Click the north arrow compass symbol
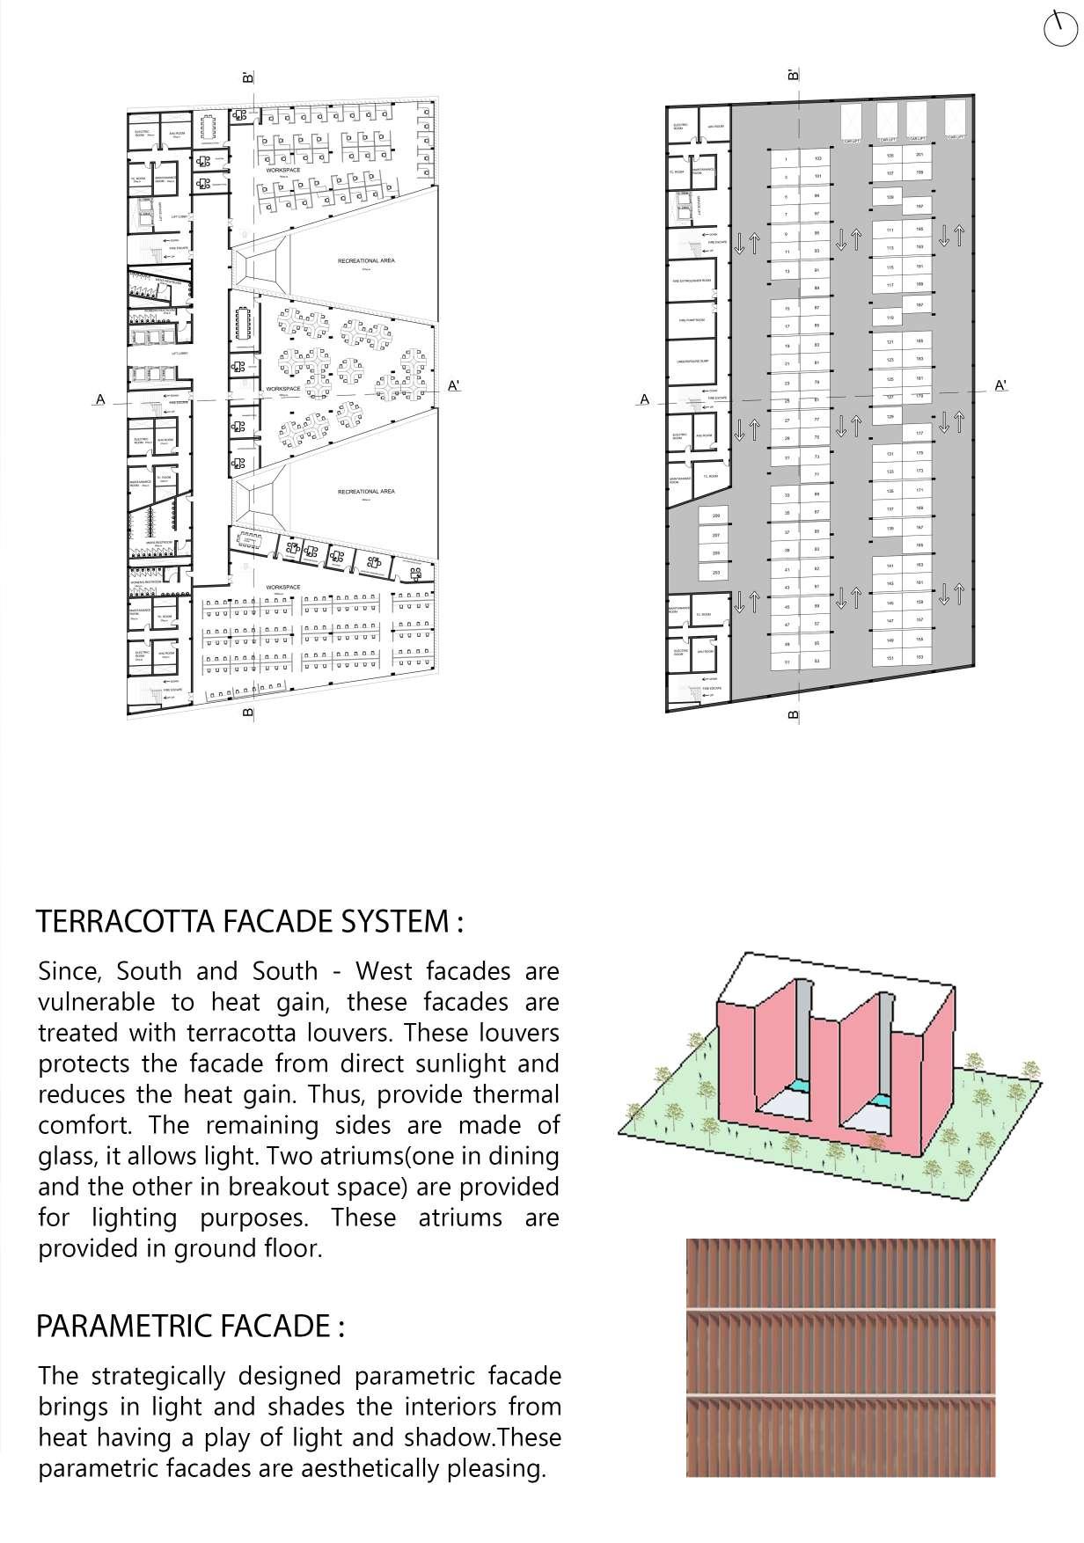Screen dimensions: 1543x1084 pyautogui.click(x=1059, y=29)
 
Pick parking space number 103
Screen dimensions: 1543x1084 pyautogui.click(x=818, y=159)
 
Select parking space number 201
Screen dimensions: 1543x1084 pyautogui.click(x=919, y=155)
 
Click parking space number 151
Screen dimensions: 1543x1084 pyautogui.click(x=890, y=658)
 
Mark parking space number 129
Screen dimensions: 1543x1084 pyautogui.click(x=890, y=417)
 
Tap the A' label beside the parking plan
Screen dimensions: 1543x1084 pyautogui.click(x=1000, y=385)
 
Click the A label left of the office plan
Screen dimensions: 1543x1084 pyautogui.click(x=100, y=399)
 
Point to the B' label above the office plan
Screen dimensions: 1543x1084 pyautogui.click(x=248, y=78)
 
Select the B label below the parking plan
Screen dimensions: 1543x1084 pyautogui.click(x=794, y=716)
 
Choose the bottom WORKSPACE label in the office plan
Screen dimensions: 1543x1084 pyautogui.click(x=283, y=587)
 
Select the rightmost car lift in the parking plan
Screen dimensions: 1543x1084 pyautogui.click(x=956, y=121)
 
